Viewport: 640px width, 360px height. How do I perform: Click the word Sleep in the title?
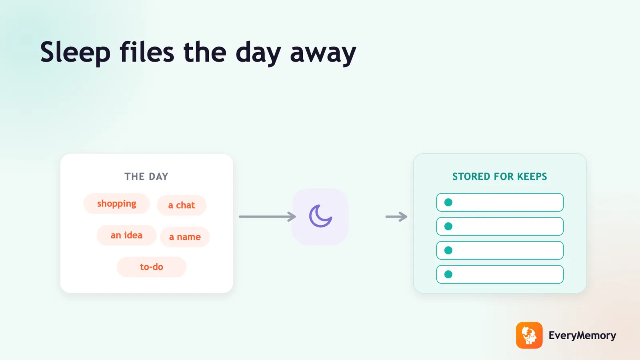click(x=75, y=52)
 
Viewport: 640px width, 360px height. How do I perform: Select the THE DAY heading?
click(x=146, y=176)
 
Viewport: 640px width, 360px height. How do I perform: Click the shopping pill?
click(x=116, y=204)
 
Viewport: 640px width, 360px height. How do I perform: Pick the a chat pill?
click(x=182, y=205)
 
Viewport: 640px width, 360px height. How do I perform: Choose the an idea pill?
click(x=126, y=235)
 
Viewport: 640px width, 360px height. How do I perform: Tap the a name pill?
click(x=185, y=237)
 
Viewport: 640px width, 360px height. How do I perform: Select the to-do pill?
click(x=152, y=267)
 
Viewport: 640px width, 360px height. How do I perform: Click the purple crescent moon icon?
click(x=320, y=216)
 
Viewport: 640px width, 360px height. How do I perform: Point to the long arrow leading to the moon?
click(x=268, y=216)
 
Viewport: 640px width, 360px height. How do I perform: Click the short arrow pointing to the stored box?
click(x=396, y=216)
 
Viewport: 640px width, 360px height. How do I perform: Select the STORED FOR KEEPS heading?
click(x=500, y=176)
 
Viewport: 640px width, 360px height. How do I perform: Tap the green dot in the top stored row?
click(x=448, y=202)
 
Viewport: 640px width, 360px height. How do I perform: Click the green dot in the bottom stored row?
click(x=448, y=274)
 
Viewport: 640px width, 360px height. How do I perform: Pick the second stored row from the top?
click(x=500, y=226)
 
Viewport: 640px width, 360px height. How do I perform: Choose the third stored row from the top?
click(x=500, y=250)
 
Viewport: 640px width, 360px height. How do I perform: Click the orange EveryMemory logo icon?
click(x=529, y=335)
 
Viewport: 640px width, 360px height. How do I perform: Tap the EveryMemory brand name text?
click(x=582, y=336)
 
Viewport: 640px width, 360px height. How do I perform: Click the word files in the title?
click(x=147, y=52)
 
